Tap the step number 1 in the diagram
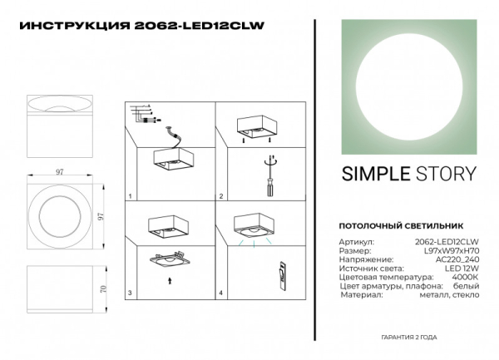click(x=131, y=196)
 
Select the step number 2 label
click(x=220, y=196)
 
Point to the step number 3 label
click(x=131, y=293)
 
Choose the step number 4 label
click(x=220, y=293)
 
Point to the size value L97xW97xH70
click(x=452, y=251)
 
